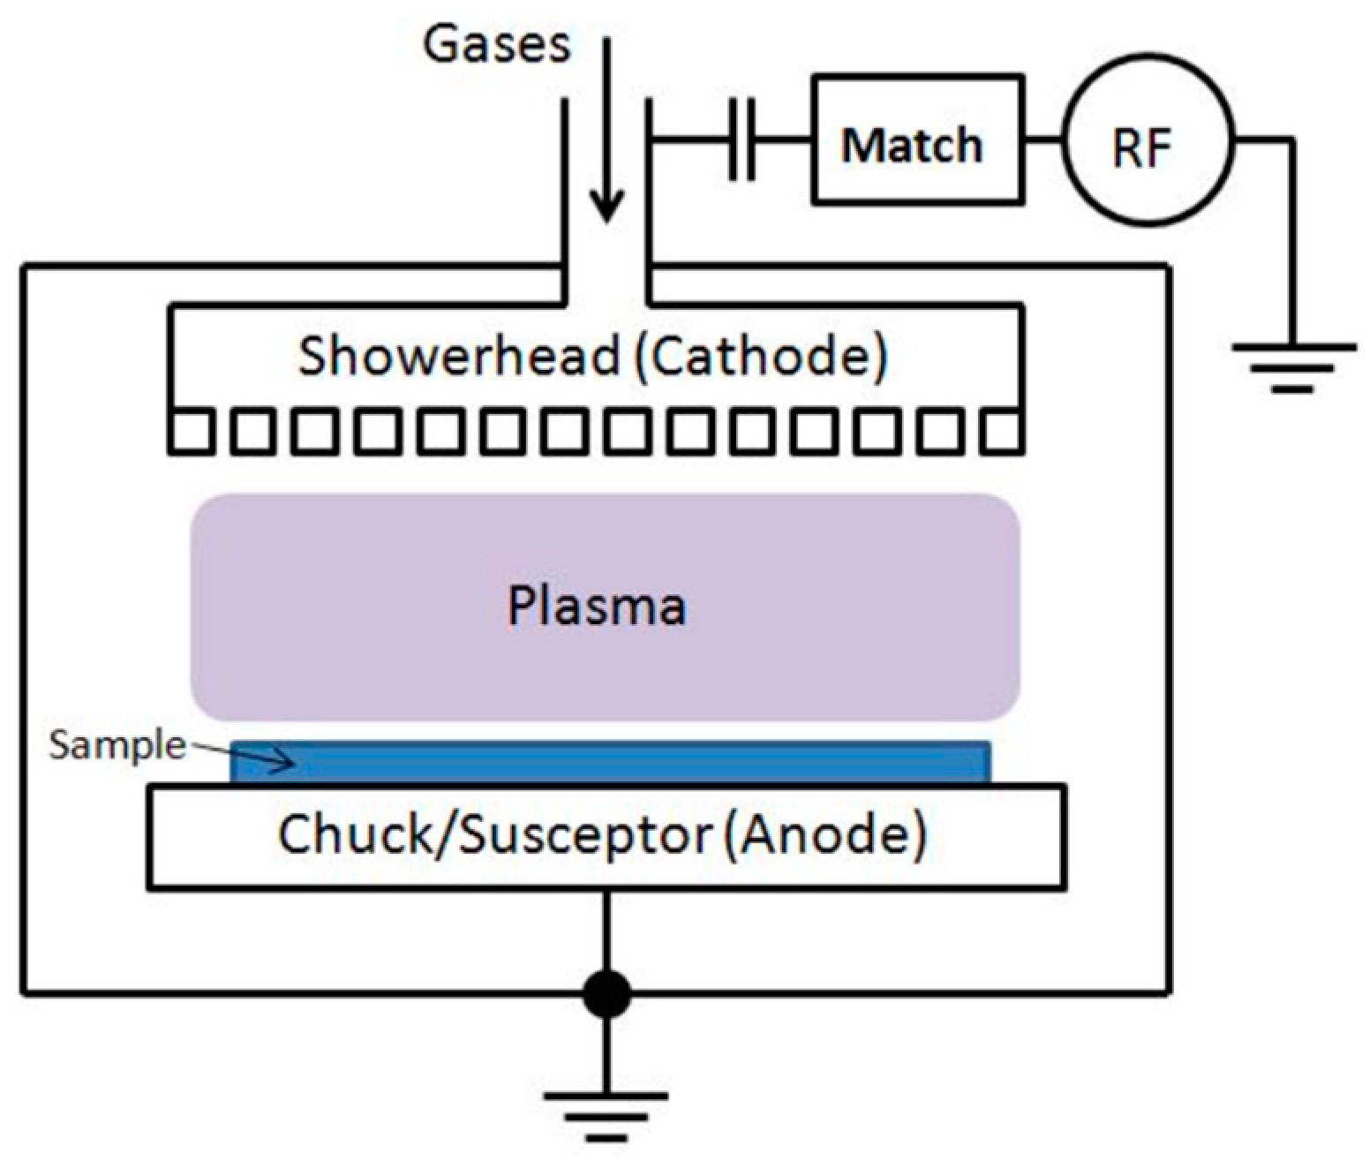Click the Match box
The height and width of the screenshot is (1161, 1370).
coord(917,141)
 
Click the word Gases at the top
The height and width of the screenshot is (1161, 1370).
coord(497,43)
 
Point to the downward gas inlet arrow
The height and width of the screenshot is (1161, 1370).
coord(606,132)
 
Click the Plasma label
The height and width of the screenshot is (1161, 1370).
coord(597,607)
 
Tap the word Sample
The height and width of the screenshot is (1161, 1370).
coord(117,746)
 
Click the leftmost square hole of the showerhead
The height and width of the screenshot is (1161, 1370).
coord(190,433)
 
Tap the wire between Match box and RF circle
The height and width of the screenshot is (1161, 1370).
coord(1043,140)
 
